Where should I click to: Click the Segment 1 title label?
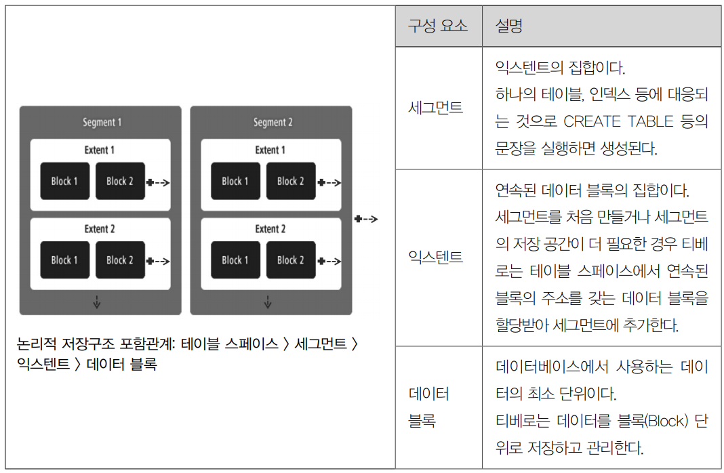102,123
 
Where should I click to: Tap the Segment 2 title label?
273,123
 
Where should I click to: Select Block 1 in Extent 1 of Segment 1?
64,181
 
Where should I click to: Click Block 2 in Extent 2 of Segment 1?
120,260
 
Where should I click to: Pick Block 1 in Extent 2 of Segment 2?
235,260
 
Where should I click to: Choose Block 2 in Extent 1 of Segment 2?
291,181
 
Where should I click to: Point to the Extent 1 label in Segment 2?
270,150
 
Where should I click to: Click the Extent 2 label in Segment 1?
100,229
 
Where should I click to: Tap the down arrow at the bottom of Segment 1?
97,302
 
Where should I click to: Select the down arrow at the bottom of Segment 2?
268,302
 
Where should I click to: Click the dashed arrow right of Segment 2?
366,219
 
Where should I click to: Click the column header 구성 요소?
438,26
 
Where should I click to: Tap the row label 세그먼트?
436,108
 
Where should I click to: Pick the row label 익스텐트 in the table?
436,258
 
